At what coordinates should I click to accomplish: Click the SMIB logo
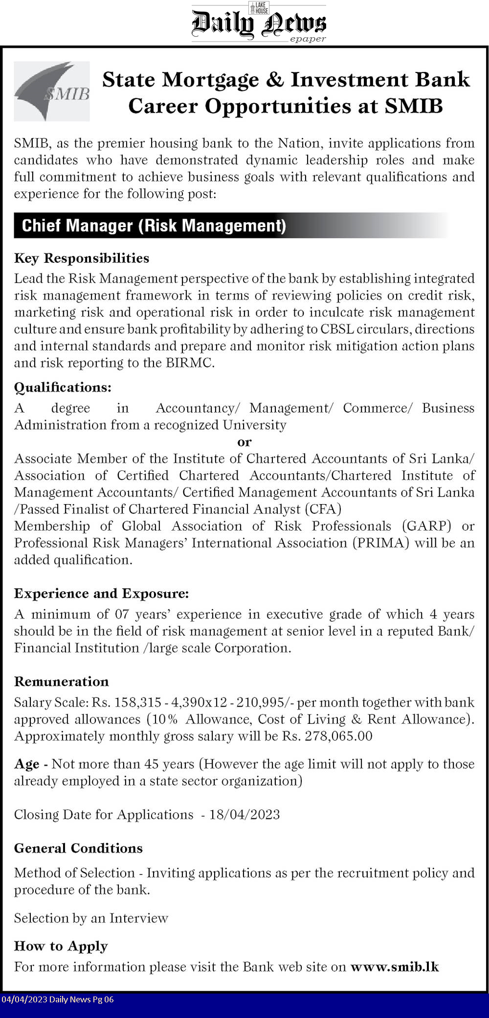[x=52, y=91]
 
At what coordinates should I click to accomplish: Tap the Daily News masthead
[x=259, y=23]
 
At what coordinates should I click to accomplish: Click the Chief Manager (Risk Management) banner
[x=154, y=226]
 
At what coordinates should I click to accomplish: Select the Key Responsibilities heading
[x=82, y=258]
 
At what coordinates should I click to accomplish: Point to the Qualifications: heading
[x=63, y=387]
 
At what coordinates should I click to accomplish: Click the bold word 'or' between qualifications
[x=244, y=442]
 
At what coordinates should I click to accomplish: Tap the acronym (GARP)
[x=426, y=526]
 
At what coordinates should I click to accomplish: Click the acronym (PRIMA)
[x=380, y=543]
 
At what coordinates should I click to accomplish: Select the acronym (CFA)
[x=323, y=509]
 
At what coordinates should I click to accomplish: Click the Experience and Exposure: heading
[x=101, y=593]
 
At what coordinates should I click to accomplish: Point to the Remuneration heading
[x=62, y=681]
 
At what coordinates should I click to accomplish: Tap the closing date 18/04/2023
[x=244, y=814]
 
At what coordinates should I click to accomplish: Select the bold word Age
[x=26, y=764]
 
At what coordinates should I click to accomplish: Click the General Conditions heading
[x=78, y=848]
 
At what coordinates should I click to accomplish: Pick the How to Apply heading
[x=61, y=946]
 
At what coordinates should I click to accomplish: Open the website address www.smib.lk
[x=395, y=967]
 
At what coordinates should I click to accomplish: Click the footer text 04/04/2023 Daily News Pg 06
[x=57, y=999]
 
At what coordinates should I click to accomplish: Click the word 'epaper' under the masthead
[x=308, y=39]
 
